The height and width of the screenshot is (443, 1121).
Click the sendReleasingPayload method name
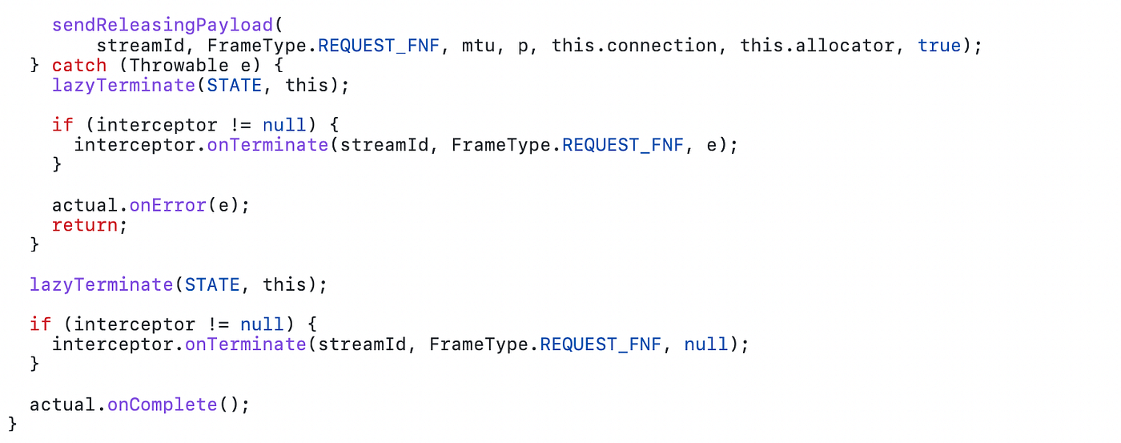click(162, 25)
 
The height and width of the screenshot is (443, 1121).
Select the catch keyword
click(79, 65)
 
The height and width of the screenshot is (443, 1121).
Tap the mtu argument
click(478, 45)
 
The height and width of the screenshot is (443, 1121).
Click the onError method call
click(167, 205)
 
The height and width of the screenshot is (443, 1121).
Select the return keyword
click(85, 225)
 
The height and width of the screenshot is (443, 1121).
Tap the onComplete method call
click(162, 405)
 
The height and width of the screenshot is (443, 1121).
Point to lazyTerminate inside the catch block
click(123, 85)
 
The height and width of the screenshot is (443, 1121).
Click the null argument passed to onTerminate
click(705, 344)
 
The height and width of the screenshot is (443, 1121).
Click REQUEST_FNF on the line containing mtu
click(379, 45)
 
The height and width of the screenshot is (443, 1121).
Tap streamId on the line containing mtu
click(140, 45)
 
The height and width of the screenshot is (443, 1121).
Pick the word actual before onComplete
click(62, 405)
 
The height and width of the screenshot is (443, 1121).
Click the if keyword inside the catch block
click(62, 125)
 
